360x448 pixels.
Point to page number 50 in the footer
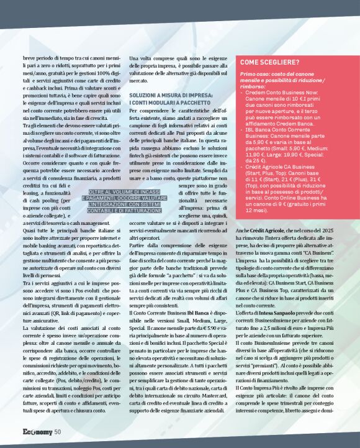tap(56, 432)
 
